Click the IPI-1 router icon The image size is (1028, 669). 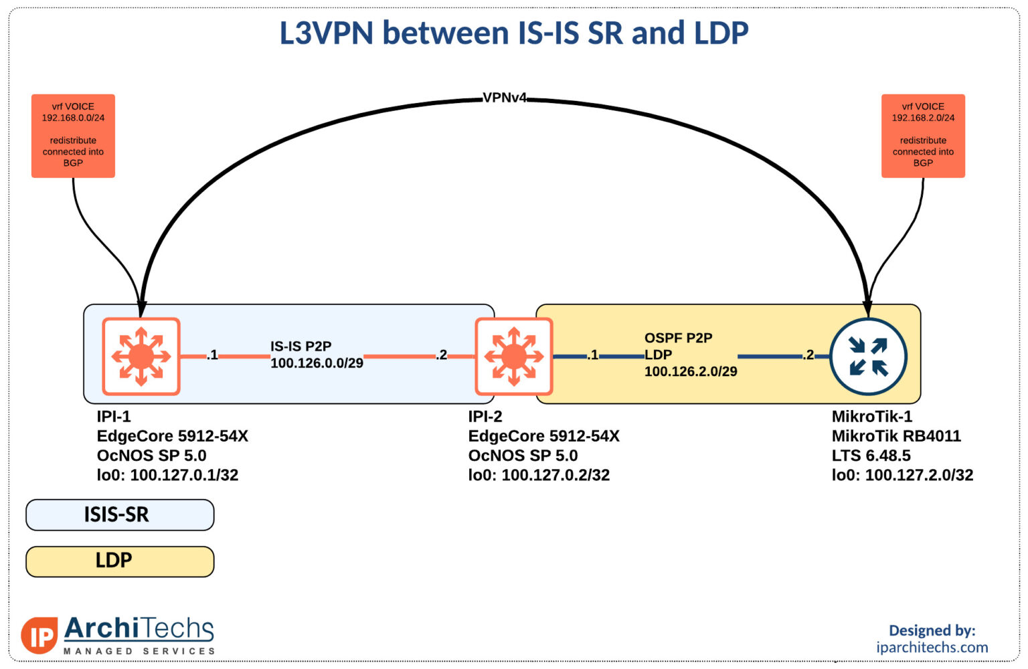coord(141,357)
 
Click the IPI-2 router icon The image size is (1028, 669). coord(513,357)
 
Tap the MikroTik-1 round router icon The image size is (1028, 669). coord(868,357)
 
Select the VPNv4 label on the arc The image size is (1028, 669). coord(505,98)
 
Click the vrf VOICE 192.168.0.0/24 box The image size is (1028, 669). coord(73,136)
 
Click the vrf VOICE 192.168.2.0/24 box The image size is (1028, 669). coord(923,136)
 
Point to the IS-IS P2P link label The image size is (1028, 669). coord(301,347)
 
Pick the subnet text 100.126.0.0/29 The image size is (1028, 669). coord(317,363)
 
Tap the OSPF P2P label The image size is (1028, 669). coord(678,338)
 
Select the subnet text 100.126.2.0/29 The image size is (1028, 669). coord(691,371)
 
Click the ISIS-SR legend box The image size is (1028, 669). coord(120,514)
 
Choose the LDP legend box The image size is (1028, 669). coord(120,561)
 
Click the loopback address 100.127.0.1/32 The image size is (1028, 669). coord(184,475)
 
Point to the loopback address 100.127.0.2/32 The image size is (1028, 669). coord(555,475)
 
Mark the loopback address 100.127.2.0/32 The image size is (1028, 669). coord(919,475)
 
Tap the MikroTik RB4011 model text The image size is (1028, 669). coord(896,436)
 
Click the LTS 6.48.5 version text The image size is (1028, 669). coord(871,456)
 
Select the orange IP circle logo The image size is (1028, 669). coord(39,636)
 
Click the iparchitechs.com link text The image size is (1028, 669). coord(932,648)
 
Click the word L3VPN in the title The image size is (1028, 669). coord(327,33)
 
